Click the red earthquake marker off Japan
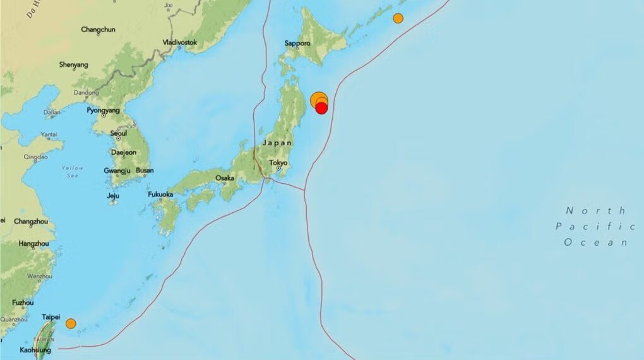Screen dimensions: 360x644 [321, 108]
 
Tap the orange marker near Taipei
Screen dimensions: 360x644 [71, 323]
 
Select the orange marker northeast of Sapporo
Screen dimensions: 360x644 [398, 18]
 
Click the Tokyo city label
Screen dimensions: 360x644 [278, 163]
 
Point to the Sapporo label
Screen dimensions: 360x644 [297, 44]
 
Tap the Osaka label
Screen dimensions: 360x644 [225, 178]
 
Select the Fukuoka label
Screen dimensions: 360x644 [160, 195]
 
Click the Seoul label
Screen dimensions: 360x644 [118, 133]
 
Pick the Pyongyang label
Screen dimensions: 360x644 [103, 110]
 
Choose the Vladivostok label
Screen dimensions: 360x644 [180, 42]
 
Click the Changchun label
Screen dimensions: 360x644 [98, 29]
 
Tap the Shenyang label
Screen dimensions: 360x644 [73, 64]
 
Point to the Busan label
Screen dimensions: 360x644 [145, 171]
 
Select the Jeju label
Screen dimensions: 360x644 [113, 195]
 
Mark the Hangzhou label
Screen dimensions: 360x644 [33, 244]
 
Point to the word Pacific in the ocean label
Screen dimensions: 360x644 [595, 226]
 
